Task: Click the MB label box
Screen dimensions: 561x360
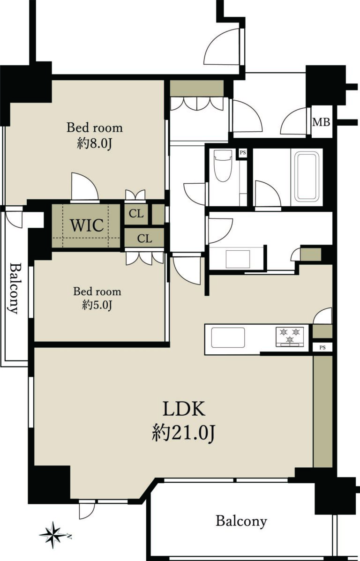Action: click(322, 122)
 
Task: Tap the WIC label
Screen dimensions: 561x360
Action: click(87, 225)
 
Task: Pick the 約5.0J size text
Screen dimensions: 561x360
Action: click(97, 306)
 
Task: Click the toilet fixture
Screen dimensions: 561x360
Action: click(223, 166)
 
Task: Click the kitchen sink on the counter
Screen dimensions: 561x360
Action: click(228, 337)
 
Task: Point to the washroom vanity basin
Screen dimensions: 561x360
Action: click(238, 258)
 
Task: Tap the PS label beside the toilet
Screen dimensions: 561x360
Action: click(243, 153)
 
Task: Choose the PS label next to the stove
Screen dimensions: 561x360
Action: click(322, 347)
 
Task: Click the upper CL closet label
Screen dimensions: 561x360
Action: click(136, 214)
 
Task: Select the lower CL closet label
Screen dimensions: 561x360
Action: click(144, 239)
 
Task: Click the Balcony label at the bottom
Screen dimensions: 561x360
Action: click(241, 521)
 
